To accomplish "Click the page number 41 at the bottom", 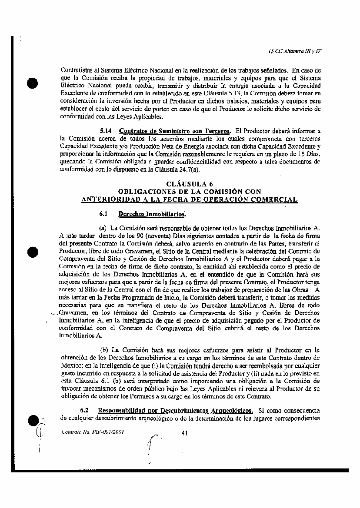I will pos(184,432).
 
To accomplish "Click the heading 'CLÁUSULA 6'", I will pos(190,184).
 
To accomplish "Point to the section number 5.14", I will pos(107,131).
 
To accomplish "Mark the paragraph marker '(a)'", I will pos(103,227).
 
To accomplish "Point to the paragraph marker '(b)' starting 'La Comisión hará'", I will pos(104,350).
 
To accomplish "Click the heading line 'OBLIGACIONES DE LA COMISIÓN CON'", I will pos(190,192).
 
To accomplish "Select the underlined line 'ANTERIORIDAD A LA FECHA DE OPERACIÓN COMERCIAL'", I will pos(190,199).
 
